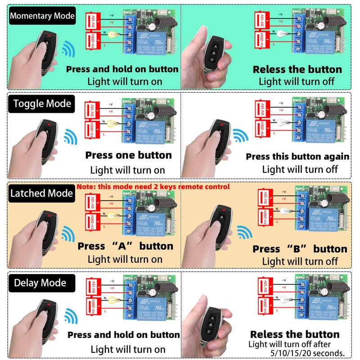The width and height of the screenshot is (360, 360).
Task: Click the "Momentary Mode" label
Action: pyautogui.click(x=42, y=16)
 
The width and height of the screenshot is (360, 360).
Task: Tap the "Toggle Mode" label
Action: pyautogui.click(x=42, y=103)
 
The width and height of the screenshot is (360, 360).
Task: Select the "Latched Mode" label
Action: pyautogui.click(x=41, y=193)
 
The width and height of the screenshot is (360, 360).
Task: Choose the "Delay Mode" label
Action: pyautogui.click(x=40, y=283)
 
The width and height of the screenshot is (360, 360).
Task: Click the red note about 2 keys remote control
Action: pyautogui.click(x=153, y=186)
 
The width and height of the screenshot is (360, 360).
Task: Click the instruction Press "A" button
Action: pyautogui.click(x=125, y=246)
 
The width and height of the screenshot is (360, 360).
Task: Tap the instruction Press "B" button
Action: pyautogui.click(x=300, y=249)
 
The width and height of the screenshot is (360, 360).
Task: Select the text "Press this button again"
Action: pyautogui.click(x=297, y=157)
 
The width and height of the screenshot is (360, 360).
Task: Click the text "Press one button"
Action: pyautogui.click(x=129, y=155)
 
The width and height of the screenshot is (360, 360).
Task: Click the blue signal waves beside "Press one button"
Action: pyautogui.click(x=70, y=136)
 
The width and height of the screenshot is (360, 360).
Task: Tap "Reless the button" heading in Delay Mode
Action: pyautogui.click(x=295, y=334)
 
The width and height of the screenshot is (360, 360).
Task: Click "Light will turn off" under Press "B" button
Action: pyautogui.click(x=300, y=261)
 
